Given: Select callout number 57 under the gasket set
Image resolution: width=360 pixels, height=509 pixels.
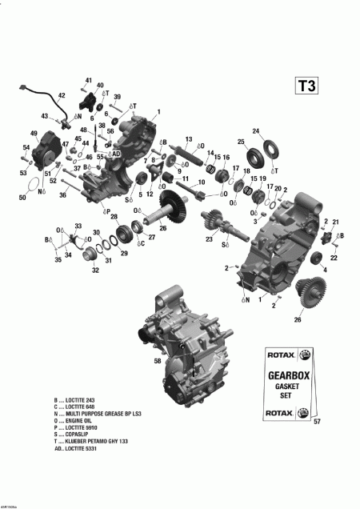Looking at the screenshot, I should pyautogui.click(x=317, y=422).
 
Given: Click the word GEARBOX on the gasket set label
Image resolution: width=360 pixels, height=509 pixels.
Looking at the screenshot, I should pyautogui.click(x=290, y=374).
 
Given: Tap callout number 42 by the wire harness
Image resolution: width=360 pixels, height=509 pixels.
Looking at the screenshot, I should pyautogui.click(x=61, y=95).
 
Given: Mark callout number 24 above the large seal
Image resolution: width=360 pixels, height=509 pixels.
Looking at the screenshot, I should pyautogui.click(x=256, y=131).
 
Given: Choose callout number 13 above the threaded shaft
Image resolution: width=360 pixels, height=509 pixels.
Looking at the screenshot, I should pyautogui.click(x=189, y=139).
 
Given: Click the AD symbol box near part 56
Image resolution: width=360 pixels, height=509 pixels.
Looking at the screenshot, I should pyautogui.click(x=116, y=153).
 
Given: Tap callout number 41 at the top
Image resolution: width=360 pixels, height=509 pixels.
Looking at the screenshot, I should pyautogui.click(x=89, y=81).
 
